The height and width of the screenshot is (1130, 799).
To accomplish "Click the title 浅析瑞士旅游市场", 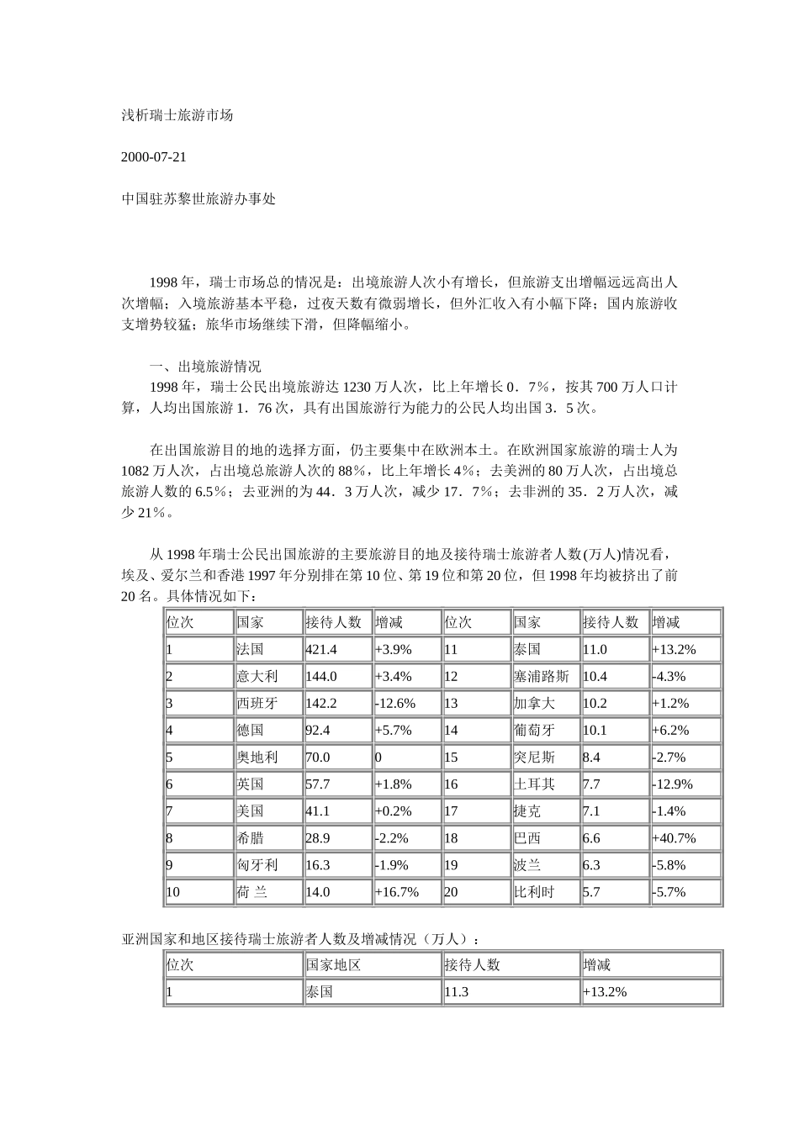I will [177, 115].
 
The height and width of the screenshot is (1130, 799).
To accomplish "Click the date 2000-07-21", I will [154, 157].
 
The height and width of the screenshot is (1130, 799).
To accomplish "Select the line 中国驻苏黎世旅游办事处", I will [198, 199].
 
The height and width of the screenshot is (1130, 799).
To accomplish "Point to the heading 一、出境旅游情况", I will [205, 367].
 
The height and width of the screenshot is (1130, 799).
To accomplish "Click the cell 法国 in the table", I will [250, 650].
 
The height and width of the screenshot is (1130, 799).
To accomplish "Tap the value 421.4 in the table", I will [320, 650].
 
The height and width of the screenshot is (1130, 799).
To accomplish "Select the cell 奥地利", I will [257, 758].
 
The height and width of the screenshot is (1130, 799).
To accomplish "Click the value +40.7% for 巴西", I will [674, 838].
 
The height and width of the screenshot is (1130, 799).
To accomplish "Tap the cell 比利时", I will [534, 892].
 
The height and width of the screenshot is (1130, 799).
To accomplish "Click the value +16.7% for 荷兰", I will [397, 892].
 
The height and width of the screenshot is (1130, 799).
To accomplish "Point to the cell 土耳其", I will [534, 784].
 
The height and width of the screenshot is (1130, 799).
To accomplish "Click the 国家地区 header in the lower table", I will [334, 965].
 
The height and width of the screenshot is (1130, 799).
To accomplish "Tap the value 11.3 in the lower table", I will [456, 992].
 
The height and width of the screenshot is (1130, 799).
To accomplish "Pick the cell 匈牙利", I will [257, 865].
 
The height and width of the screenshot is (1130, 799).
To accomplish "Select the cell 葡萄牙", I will [534, 731].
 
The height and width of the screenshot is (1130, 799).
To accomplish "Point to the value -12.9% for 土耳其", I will [672, 784].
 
